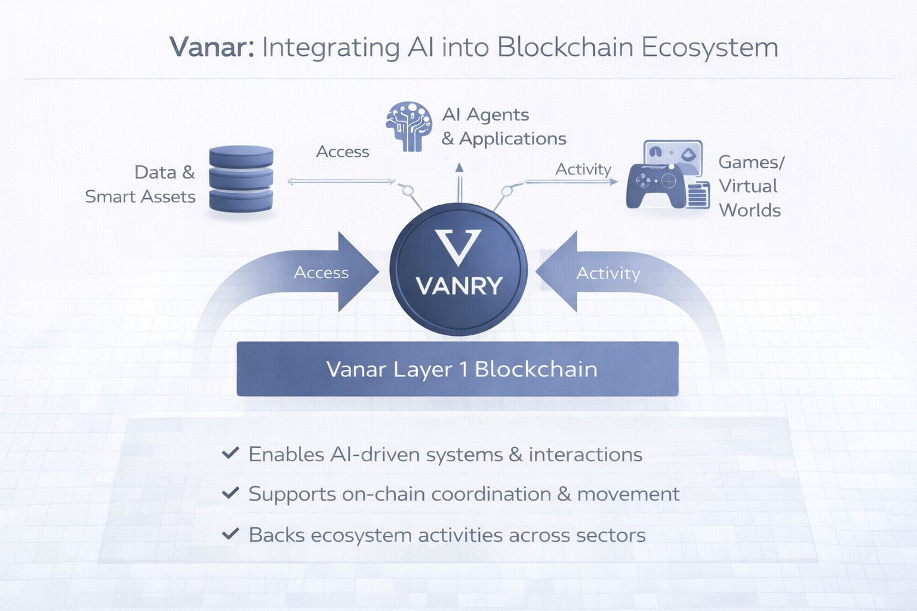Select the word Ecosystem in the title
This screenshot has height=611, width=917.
(710, 48)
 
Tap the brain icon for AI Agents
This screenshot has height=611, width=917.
(409, 126)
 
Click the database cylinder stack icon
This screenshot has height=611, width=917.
(241, 178)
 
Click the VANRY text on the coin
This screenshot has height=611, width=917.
(458, 286)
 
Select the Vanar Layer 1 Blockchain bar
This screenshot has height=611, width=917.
(457, 369)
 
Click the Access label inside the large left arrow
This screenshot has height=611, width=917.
(321, 273)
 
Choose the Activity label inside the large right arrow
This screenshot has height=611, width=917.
(608, 273)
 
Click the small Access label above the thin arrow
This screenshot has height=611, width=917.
(342, 152)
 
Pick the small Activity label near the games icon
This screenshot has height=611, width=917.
(583, 169)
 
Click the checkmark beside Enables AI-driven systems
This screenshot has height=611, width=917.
(230, 453)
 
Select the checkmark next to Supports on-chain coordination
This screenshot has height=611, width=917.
(230, 493)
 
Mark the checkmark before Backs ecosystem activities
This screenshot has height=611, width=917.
(230, 534)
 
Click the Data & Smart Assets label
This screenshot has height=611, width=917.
(141, 184)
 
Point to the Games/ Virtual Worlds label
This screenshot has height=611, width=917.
(750, 186)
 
